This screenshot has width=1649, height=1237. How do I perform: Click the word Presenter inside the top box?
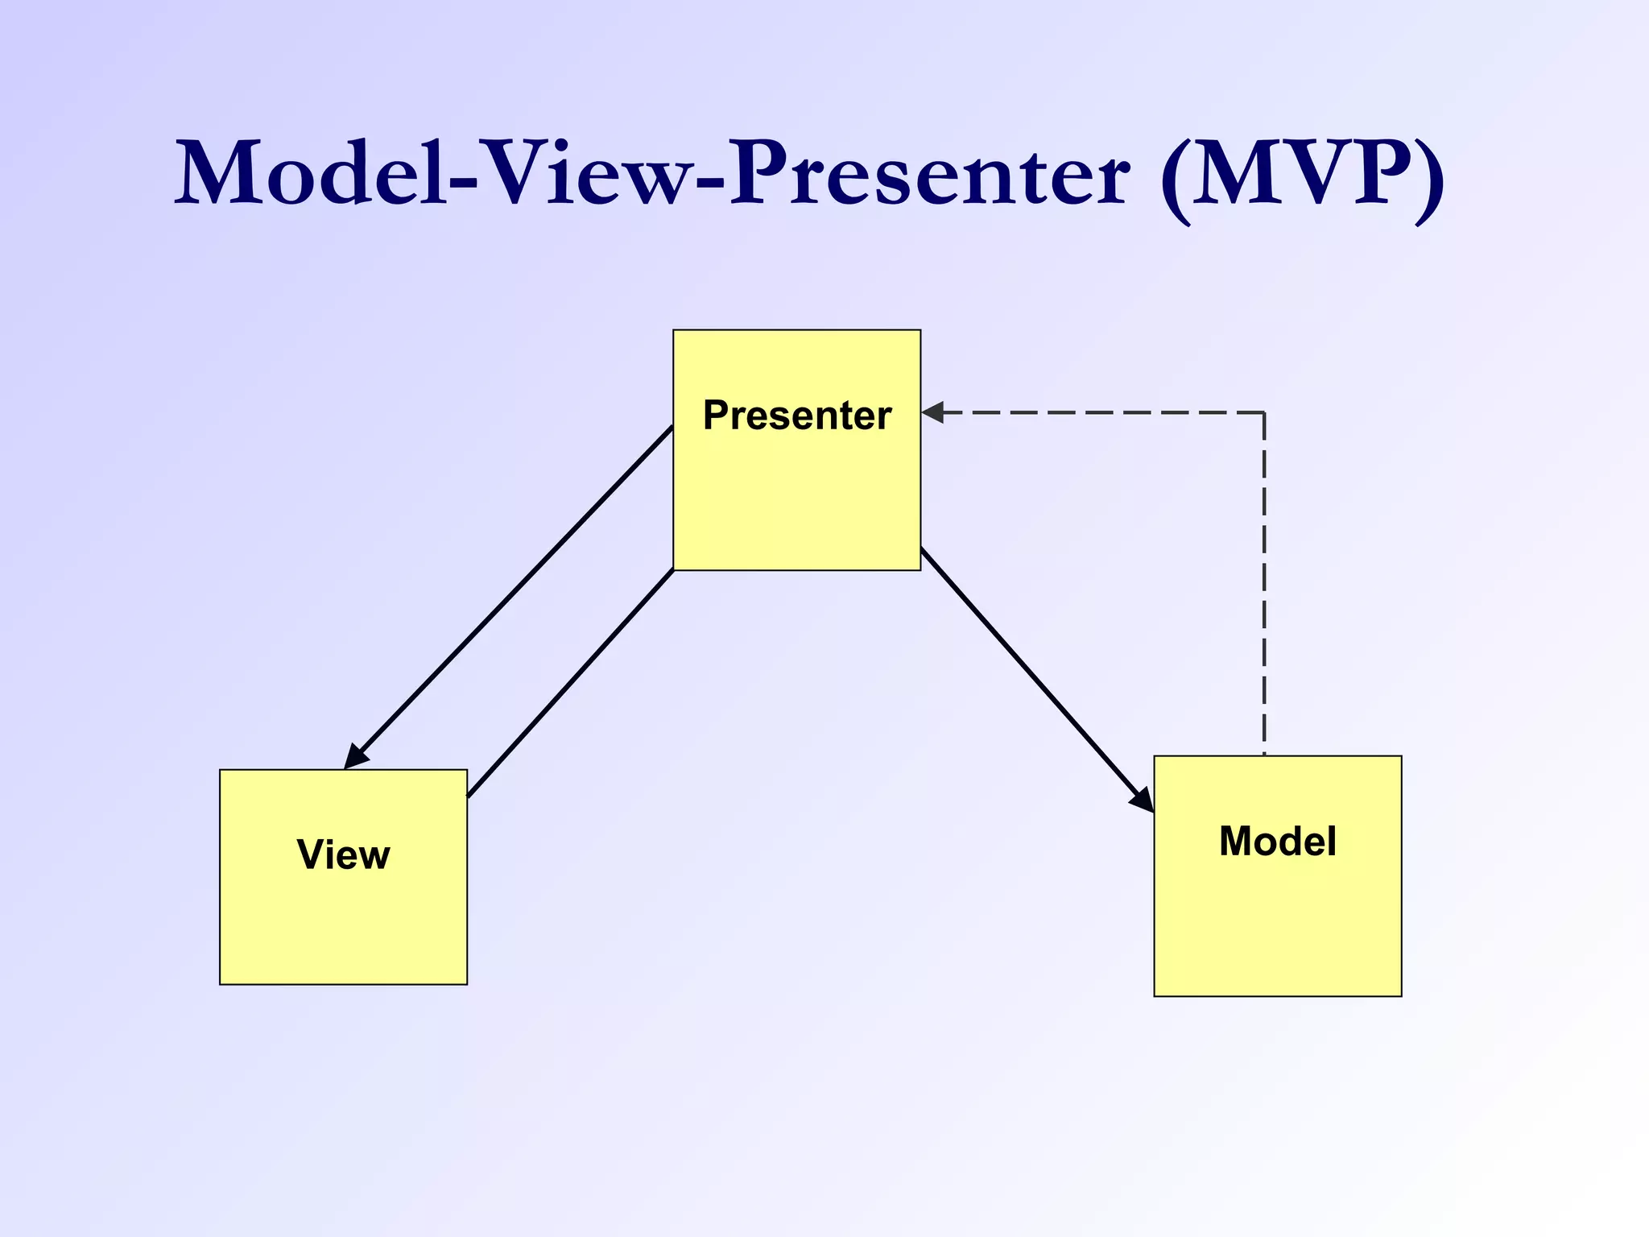[796, 416]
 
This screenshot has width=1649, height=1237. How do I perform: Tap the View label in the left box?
[343, 854]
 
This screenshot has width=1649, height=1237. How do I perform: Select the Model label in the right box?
[1277, 842]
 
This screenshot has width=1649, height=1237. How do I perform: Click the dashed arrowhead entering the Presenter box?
[932, 412]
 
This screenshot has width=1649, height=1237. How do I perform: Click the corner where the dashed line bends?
[1264, 413]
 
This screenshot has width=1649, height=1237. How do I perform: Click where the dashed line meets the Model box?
[1264, 755]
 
